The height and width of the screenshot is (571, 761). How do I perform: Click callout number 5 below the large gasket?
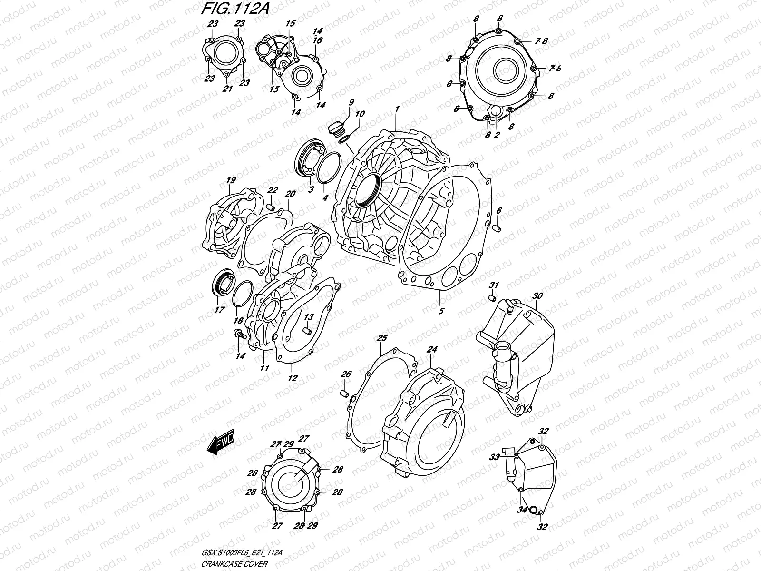(441, 311)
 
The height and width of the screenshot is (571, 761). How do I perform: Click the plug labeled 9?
(336, 128)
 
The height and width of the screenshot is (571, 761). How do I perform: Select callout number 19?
(231, 180)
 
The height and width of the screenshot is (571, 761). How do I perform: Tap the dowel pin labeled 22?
(270, 207)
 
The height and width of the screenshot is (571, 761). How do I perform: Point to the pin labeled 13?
(307, 328)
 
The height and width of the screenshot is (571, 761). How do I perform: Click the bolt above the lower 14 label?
(239, 335)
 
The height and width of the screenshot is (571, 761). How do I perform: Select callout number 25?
(382, 338)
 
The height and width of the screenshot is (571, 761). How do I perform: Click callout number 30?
(537, 296)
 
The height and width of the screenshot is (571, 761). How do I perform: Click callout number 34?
(523, 510)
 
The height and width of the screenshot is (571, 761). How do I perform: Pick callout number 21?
(227, 89)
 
